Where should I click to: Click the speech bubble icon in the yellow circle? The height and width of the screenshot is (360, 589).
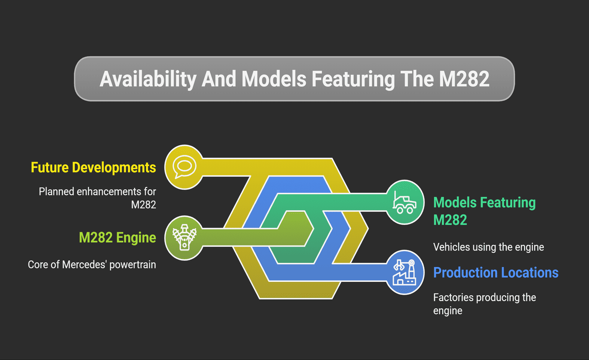click(x=185, y=167)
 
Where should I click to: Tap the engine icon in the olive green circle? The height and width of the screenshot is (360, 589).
click(x=184, y=237)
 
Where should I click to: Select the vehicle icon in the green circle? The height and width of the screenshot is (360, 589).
click(x=404, y=202)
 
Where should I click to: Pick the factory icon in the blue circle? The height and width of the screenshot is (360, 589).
click(x=404, y=273)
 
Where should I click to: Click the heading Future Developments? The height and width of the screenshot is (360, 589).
click(x=93, y=168)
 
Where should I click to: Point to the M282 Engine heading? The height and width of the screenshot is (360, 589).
click(x=117, y=238)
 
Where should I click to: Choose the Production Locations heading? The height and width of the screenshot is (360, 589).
click(x=496, y=273)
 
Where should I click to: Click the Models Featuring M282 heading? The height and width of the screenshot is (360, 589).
click(x=485, y=211)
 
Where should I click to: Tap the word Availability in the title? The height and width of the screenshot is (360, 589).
click(x=148, y=79)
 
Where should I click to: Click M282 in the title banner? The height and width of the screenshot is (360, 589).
click(x=464, y=79)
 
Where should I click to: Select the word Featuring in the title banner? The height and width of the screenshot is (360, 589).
click(x=353, y=79)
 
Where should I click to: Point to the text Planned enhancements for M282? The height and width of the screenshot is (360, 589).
click(x=97, y=198)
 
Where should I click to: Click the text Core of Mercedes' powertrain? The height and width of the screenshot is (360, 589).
click(x=92, y=264)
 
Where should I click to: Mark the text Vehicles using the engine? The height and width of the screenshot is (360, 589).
click(x=488, y=247)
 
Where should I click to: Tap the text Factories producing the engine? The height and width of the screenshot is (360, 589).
click(x=485, y=304)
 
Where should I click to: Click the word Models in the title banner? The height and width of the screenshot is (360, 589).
click(x=274, y=79)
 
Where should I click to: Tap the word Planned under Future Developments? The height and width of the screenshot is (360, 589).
click(x=57, y=192)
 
